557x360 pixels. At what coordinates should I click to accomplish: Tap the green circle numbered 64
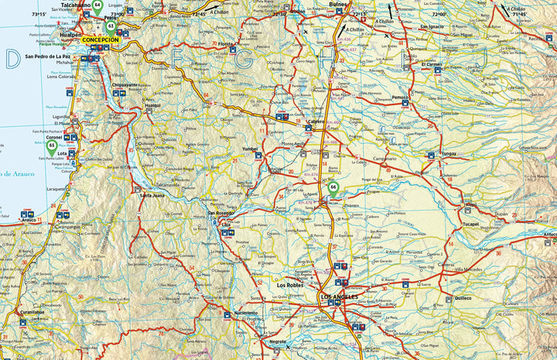[97, 5]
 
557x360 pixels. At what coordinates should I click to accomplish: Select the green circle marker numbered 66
[333, 187]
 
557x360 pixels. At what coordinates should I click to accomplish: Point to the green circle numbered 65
[52, 145]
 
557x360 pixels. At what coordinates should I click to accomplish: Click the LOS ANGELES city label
[340, 297]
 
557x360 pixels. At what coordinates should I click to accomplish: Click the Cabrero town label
[315, 122]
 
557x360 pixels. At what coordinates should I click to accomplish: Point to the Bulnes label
[338, 5]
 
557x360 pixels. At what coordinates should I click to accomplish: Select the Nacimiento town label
[246, 313]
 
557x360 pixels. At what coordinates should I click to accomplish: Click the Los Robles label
[290, 285]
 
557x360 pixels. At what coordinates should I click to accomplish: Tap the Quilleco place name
[463, 297]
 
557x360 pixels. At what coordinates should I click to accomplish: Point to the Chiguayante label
[125, 85]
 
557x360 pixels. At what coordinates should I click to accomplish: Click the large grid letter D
[12, 59]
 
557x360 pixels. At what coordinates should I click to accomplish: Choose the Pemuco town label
[400, 98]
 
